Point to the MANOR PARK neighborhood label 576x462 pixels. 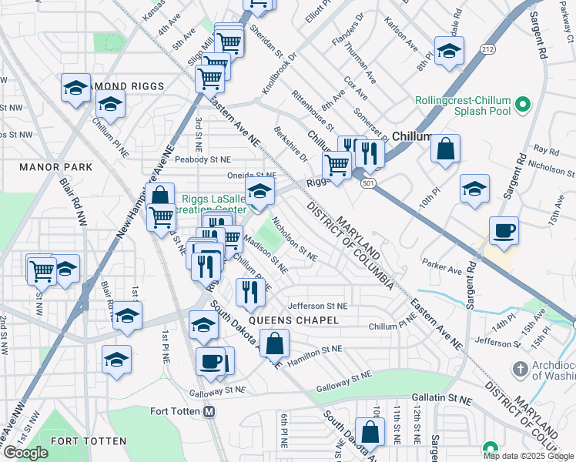pyautogui.click(x=56, y=167)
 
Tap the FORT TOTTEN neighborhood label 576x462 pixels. pyautogui.click(x=88, y=441)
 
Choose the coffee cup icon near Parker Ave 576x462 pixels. pyautogui.click(x=504, y=231)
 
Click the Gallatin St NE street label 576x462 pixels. pyautogui.click(x=443, y=400)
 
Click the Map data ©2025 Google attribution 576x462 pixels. pyautogui.click(x=529, y=456)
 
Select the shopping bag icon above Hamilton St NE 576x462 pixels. pyautogui.click(x=275, y=343)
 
